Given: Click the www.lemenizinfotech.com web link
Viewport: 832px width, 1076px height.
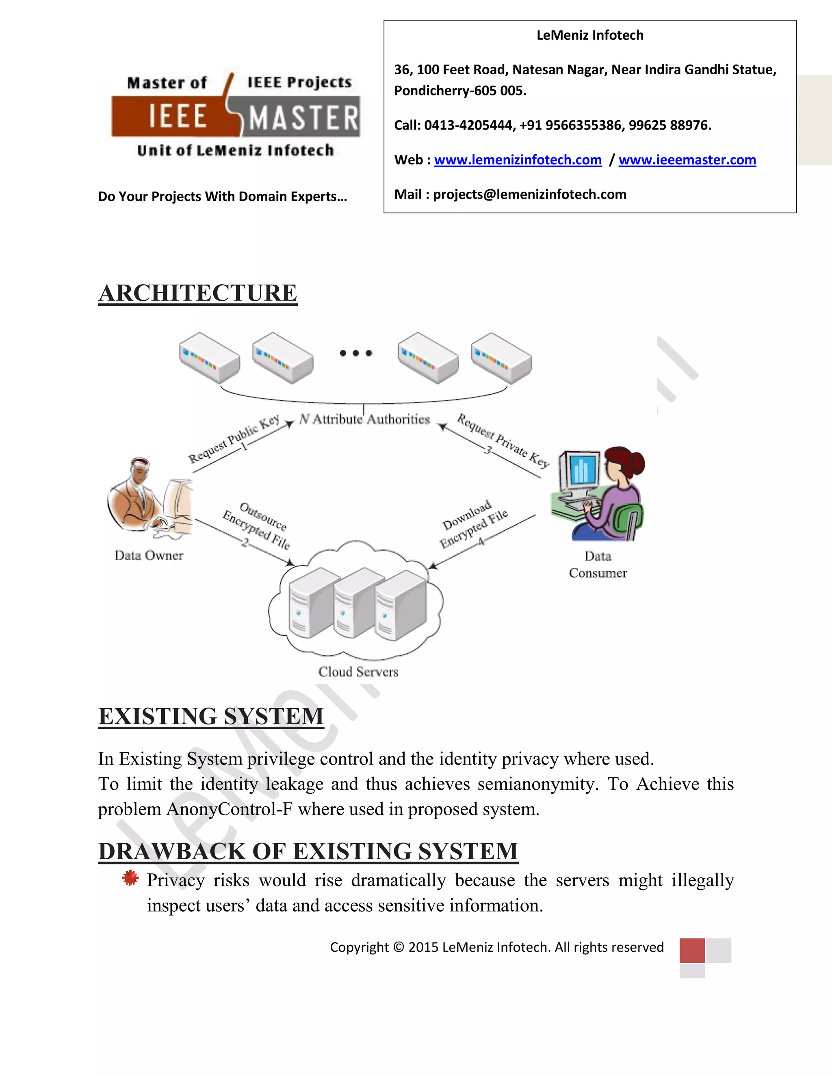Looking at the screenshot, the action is click(x=518, y=160).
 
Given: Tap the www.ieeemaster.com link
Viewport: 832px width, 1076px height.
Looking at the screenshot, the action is click(x=687, y=160).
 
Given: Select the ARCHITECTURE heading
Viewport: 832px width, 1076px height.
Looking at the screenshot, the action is click(x=198, y=293).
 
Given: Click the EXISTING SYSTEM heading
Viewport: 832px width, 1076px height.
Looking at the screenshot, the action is click(x=211, y=716).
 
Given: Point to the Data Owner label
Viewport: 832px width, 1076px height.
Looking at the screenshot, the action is click(x=149, y=555).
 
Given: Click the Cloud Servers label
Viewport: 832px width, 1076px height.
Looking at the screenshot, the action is click(x=358, y=672).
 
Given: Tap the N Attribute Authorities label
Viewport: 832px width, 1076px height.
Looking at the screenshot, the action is click(x=365, y=419).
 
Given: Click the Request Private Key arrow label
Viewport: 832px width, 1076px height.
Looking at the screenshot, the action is click(x=503, y=441).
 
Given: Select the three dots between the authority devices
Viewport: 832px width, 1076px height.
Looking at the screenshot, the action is click(x=356, y=353).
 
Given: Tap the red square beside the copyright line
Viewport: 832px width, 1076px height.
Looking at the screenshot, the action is click(x=691, y=951).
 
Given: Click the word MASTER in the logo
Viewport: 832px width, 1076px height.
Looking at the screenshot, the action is click(x=303, y=118).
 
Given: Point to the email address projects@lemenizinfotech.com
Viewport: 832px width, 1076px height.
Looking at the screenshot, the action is click(x=529, y=194).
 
